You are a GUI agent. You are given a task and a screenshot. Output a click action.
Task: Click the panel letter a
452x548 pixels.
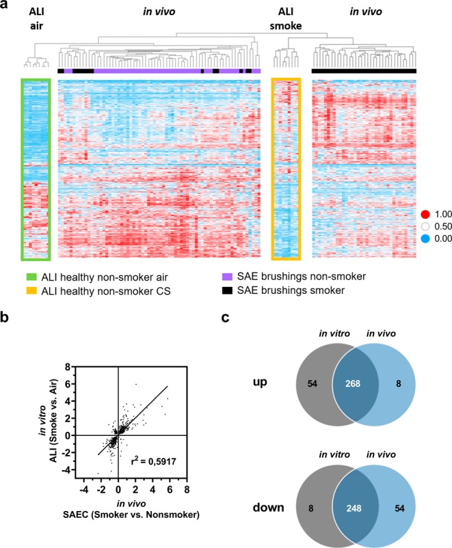tap(6, 7)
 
